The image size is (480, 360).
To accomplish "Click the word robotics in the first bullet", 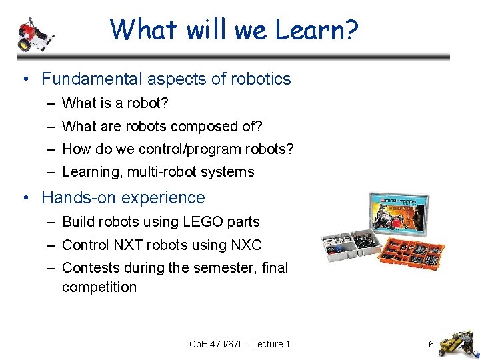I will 261,79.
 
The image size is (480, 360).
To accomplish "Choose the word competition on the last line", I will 99,287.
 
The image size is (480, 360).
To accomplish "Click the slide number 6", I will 431,345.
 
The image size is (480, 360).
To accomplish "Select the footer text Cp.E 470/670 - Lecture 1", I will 240,345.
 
